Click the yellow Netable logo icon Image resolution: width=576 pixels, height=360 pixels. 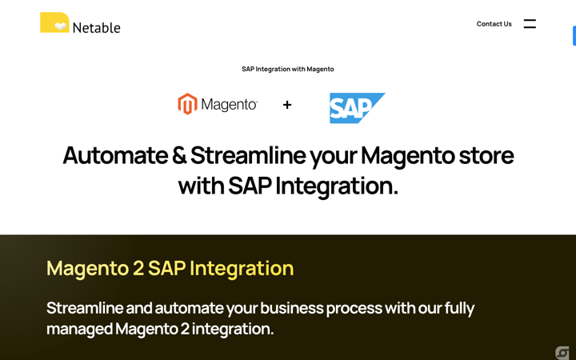coord(54,22)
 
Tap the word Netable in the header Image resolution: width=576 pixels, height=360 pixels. coord(96,28)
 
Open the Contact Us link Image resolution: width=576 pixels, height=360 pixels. coord(494,24)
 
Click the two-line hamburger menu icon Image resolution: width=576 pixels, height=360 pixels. coord(530,24)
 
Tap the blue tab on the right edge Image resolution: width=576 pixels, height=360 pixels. coord(574,36)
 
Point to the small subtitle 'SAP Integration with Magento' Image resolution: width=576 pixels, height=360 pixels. coord(288,69)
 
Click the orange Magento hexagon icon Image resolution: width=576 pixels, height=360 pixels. coord(187,104)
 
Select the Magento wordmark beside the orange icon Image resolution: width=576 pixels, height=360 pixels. coord(229,105)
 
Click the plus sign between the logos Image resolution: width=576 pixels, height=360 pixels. coord(287,105)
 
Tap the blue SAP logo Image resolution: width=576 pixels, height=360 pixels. coord(357,108)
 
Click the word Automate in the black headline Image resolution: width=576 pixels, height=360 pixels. coord(114,155)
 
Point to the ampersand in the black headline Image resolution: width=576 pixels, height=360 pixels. coord(179,155)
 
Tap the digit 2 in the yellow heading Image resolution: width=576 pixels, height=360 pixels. coord(138,268)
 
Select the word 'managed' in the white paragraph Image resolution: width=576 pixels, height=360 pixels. coord(79,329)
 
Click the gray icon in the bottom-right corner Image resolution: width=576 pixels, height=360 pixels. coord(562,353)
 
